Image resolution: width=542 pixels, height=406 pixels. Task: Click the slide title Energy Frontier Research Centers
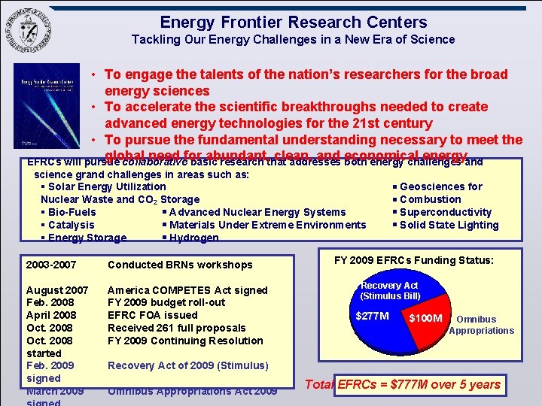click(294, 23)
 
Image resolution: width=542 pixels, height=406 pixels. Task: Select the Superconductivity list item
click(445, 212)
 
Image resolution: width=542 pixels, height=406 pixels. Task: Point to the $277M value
click(372, 316)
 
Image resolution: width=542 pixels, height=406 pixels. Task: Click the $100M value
click(425, 318)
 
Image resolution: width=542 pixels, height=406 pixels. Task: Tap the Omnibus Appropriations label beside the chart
click(481, 325)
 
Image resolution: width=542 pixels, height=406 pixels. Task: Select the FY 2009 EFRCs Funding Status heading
click(413, 260)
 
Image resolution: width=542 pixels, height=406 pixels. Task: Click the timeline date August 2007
click(57, 290)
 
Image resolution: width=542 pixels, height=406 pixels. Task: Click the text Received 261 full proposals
click(177, 328)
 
